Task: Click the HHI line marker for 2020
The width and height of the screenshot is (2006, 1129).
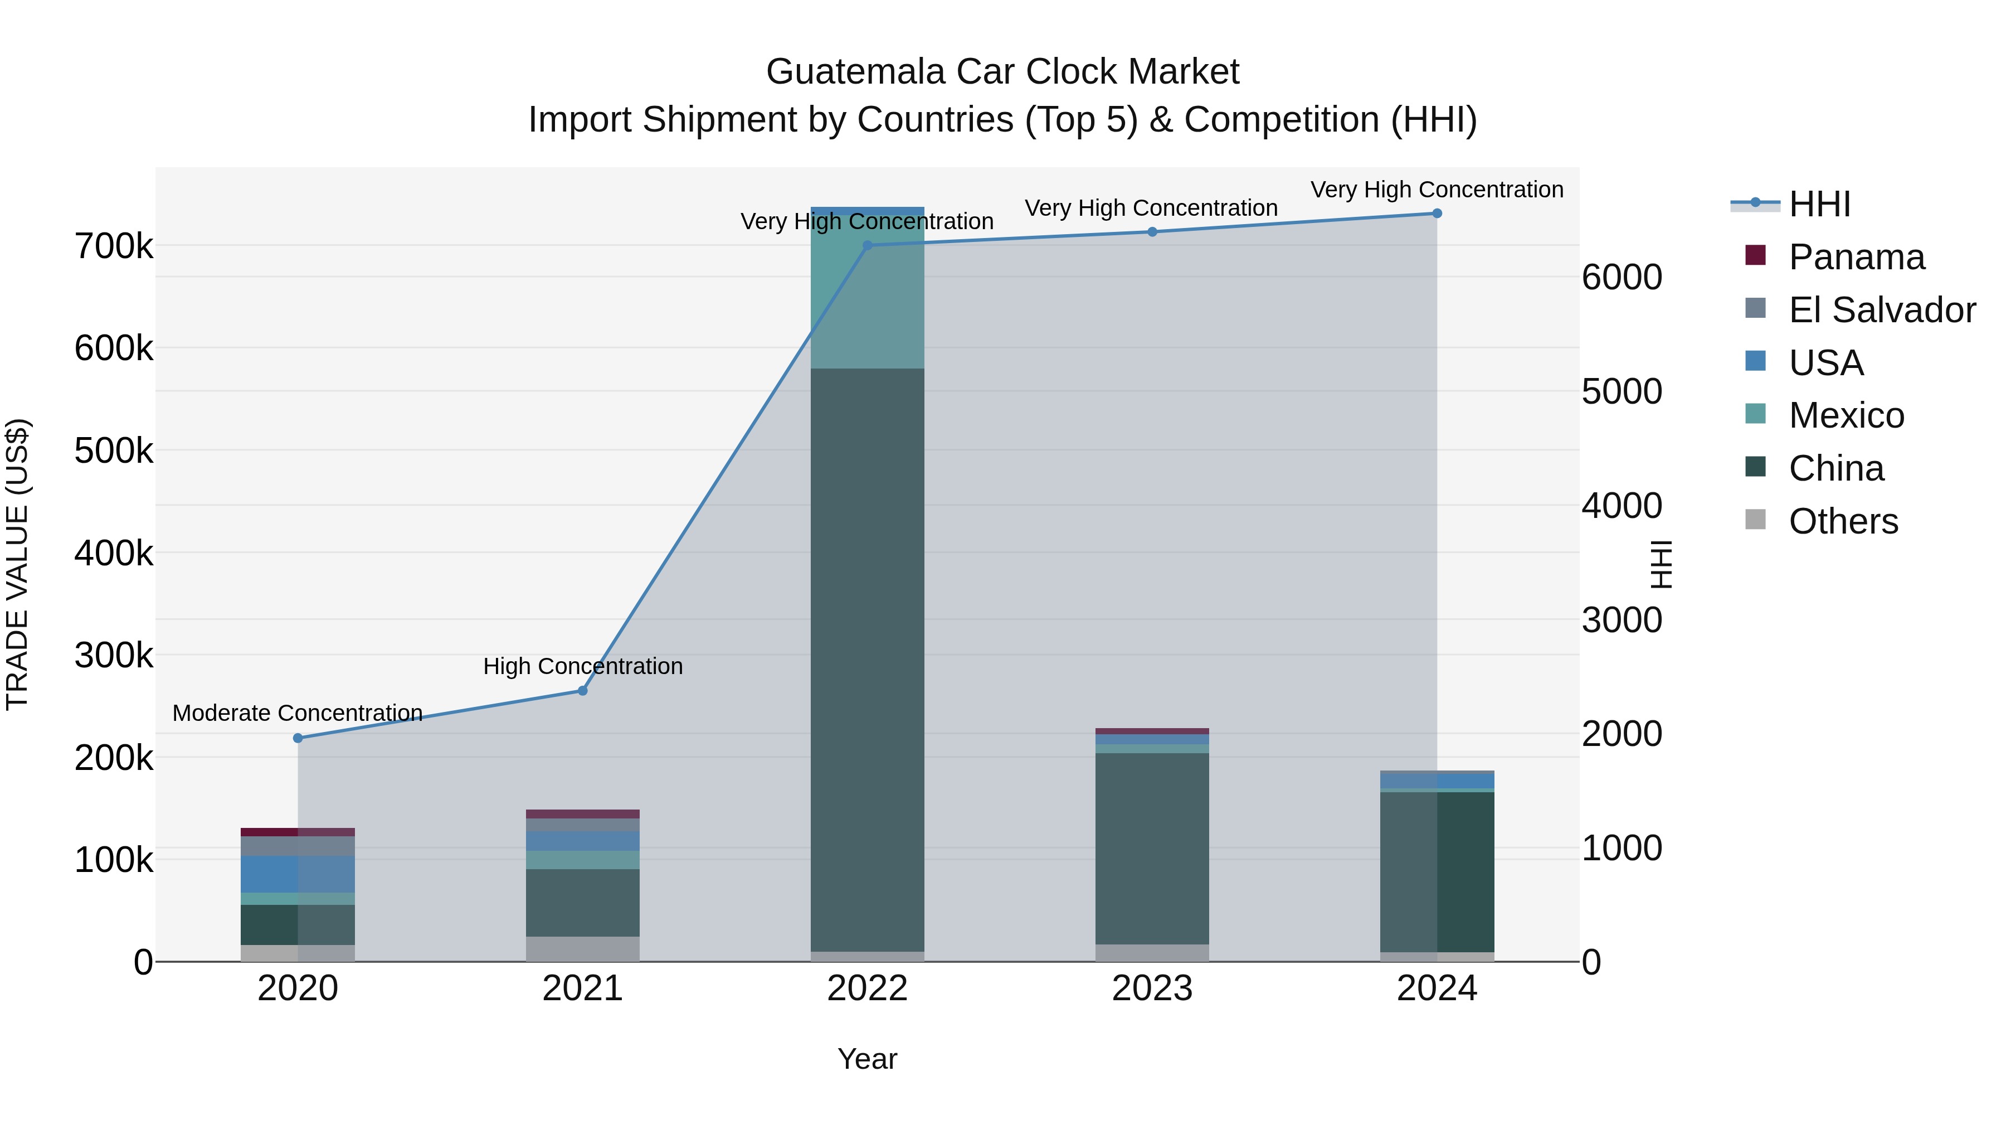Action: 298,738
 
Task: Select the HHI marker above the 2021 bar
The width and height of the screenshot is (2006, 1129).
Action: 582,690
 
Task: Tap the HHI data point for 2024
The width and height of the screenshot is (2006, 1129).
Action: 1437,214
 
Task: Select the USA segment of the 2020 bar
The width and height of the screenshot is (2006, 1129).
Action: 298,874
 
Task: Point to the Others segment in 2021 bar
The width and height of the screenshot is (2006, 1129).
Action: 582,948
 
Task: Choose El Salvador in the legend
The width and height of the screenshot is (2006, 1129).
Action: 1881,310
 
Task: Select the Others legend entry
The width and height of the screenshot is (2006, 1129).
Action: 1843,521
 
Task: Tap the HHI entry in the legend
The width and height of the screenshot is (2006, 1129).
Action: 1819,204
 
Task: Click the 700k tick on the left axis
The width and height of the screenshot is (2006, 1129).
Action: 114,246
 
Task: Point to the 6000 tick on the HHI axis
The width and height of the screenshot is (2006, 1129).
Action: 1622,278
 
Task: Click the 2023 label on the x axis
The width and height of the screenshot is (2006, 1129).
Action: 1152,989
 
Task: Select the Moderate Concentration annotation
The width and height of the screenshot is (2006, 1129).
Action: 298,713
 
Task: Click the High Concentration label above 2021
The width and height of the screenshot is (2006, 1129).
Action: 582,666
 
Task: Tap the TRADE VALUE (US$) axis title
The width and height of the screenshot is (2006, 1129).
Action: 18,564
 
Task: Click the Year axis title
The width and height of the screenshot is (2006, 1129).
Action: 866,1059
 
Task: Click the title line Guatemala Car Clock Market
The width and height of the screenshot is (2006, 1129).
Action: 1002,72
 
